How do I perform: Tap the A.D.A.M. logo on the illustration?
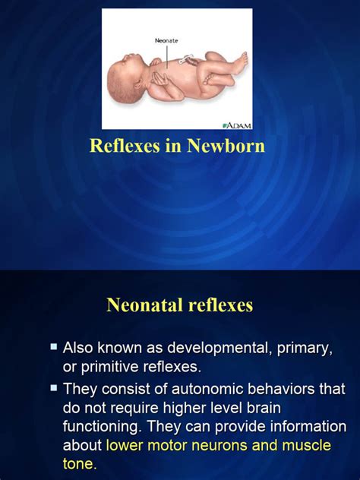point(236,125)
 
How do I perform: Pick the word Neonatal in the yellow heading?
point(144,305)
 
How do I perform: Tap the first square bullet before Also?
point(54,347)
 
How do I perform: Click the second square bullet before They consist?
point(54,388)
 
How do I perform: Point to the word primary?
point(304,349)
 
